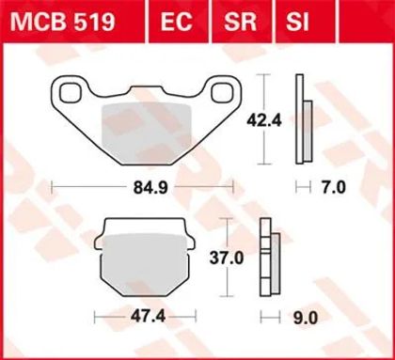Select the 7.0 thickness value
334,188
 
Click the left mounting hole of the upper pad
70,93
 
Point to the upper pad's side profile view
301,117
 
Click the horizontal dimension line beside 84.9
94,188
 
